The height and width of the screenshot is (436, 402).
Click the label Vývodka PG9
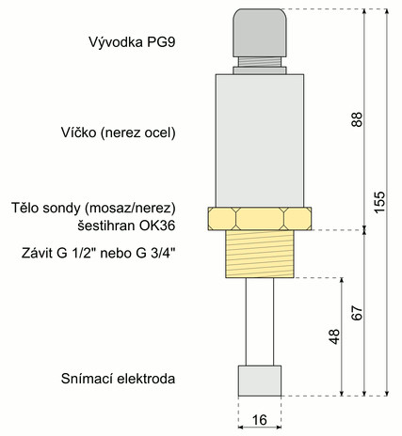132,42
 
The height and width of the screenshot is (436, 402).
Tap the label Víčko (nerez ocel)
118,132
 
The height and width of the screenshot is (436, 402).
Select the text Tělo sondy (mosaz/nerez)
93,208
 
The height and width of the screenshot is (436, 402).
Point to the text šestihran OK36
126,226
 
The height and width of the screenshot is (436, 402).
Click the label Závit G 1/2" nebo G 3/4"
98,253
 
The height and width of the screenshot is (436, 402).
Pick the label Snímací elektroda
118,379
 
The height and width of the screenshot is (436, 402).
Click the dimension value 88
357,119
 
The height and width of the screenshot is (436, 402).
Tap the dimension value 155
379,202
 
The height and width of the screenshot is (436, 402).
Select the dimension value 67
357,313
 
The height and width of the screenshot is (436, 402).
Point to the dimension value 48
334,336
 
